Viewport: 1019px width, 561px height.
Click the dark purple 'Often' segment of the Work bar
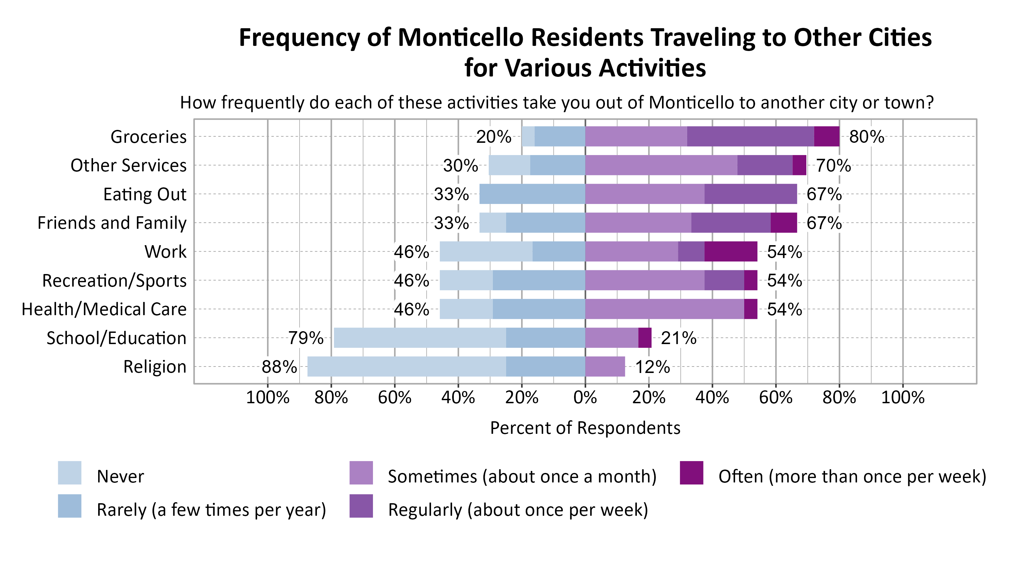point(731,251)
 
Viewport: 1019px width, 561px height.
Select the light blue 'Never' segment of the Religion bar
point(406,366)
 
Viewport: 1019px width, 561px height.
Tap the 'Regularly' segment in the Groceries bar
point(750,136)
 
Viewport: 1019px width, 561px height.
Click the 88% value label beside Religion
point(279,367)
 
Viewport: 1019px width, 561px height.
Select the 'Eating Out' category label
point(145,194)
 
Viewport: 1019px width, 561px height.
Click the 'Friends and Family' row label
point(112,223)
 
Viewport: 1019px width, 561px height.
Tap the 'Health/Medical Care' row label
point(104,309)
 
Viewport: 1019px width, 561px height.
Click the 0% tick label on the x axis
point(585,397)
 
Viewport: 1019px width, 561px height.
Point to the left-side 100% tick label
point(268,397)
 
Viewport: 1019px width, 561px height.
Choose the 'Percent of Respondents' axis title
point(585,428)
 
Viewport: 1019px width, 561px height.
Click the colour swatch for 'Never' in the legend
point(70,473)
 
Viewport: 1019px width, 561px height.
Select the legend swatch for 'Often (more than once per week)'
point(692,473)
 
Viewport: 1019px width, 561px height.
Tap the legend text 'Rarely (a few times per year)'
point(211,510)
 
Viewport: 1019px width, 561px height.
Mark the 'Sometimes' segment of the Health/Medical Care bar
point(665,309)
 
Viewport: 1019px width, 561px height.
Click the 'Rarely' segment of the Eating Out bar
point(532,194)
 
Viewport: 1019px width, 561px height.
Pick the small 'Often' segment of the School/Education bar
point(645,338)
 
